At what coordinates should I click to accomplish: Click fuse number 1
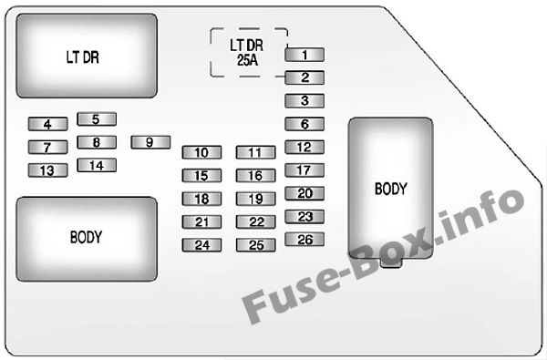[x=304, y=56]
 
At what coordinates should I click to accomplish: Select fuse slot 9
[x=151, y=142]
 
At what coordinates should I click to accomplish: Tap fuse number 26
[x=304, y=240]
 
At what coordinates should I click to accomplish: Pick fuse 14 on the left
[x=97, y=165]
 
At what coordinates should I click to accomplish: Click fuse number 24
[x=201, y=244]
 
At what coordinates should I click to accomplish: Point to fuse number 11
[x=255, y=152]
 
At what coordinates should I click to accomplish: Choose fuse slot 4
[x=47, y=124]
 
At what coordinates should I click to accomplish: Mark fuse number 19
[x=255, y=199]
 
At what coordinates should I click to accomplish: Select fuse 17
[x=304, y=170]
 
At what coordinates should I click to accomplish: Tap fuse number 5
[x=97, y=118]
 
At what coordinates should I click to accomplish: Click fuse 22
[x=255, y=221]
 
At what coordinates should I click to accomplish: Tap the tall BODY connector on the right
[x=390, y=190]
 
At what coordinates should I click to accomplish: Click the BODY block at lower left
[x=87, y=237]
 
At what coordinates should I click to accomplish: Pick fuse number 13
[x=47, y=170]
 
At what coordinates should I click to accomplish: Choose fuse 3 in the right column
[x=304, y=101]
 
